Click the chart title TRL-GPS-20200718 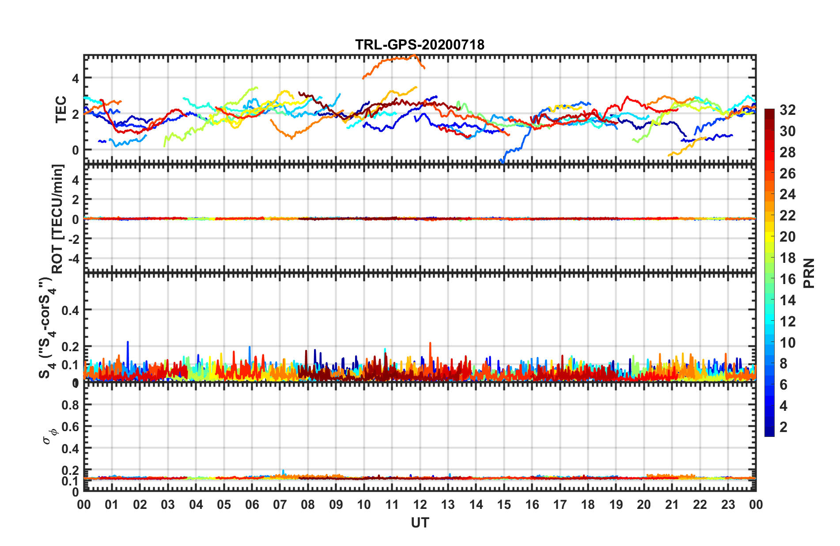(x=420, y=45)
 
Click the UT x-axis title (x=420, y=523)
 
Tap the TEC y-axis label (x=61, y=110)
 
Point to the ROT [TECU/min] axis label (x=58, y=219)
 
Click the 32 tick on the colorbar (x=787, y=110)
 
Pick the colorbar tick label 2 (x=783, y=427)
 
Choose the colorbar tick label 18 (x=787, y=258)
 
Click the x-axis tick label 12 (x=420, y=505)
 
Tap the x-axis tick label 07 (x=280, y=505)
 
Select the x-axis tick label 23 (x=728, y=505)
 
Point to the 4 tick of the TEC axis (x=76, y=78)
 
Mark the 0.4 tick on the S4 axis (x=70, y=310)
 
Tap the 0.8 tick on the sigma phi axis (x=70, y=405)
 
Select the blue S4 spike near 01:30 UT (x=128, y=343)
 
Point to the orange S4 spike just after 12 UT (x=430, y=344)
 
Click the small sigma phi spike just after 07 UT (x=283, y=471)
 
